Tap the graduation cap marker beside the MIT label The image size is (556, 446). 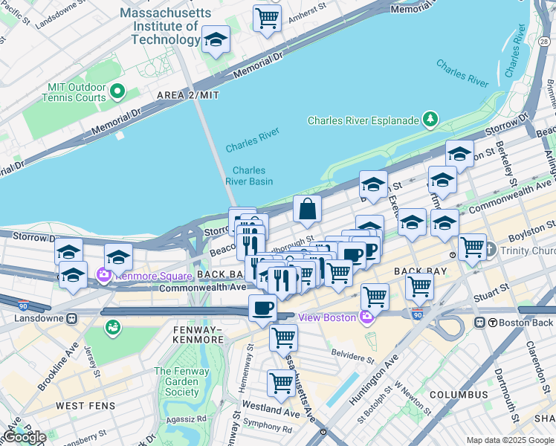tap(216, 40)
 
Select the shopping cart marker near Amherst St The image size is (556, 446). tap(267, 17)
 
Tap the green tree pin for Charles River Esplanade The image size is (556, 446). tap(430, 119)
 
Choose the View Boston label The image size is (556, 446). tap(327, 317)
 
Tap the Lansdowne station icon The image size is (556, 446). tap(71, 318)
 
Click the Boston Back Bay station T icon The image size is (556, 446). tap(481, 323)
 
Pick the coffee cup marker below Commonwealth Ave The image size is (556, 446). tap(262, 308)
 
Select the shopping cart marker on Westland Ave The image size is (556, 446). tap(281, 384)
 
